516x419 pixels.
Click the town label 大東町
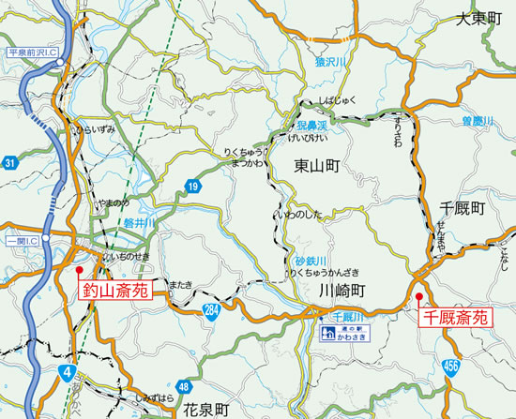click(x=480, y=19)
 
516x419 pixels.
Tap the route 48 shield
click(x=183, y=385)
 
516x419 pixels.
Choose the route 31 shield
click(x=10, y=164)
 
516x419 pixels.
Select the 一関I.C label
click(x=22, y=241)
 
